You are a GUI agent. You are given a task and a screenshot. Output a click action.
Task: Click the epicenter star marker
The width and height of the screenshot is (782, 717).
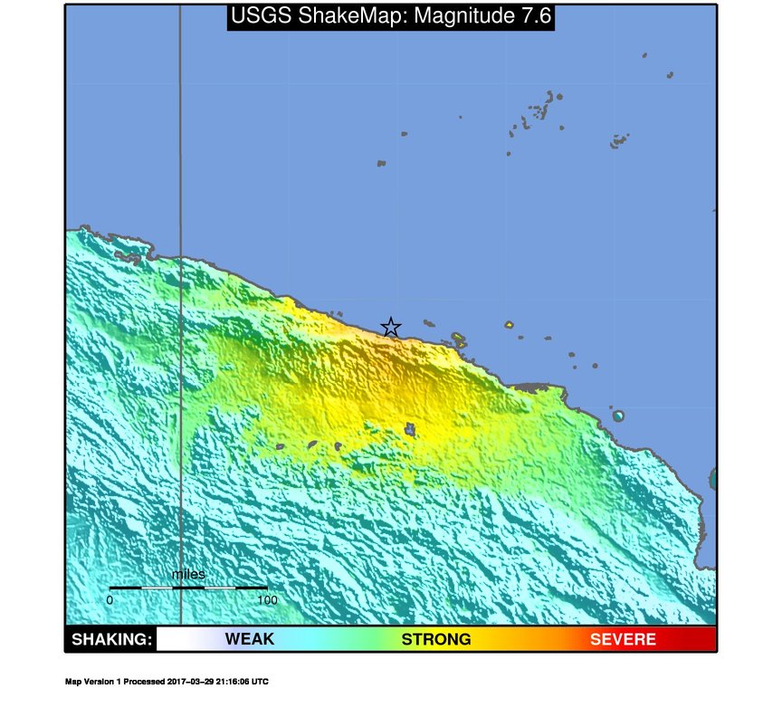point(390,327)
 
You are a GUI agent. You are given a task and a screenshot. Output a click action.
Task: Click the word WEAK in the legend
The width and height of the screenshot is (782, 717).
point(249,639)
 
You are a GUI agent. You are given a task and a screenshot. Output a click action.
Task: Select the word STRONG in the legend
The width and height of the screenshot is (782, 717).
point(436,639)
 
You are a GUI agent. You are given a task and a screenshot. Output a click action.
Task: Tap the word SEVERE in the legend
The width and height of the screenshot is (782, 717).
point(623,639)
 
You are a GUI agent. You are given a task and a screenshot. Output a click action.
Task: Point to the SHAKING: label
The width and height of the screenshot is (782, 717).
point(111,639)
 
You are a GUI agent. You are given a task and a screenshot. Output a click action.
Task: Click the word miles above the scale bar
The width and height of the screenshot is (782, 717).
point(188,574)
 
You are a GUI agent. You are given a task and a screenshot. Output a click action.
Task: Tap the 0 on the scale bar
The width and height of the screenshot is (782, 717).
point(110,599)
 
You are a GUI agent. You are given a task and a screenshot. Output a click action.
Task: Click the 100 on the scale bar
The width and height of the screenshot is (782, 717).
point(266,599)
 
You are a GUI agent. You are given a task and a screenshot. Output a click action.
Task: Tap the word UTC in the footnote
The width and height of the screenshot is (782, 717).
point(260,682)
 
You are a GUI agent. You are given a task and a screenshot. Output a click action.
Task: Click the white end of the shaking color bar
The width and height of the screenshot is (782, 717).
point(167,639)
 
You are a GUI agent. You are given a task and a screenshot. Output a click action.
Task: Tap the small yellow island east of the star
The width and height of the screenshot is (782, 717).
point(509,324)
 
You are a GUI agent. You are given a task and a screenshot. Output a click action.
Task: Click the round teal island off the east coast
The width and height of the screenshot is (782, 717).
point(618,416)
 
